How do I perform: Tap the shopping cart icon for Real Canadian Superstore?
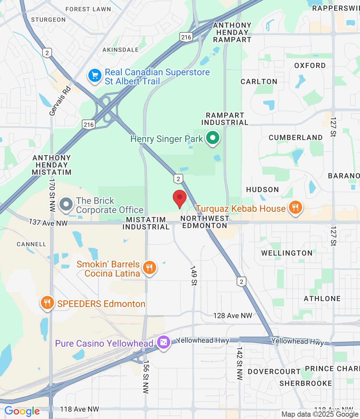click(x=95, y=76)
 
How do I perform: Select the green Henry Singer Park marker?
click(x=213, y=138)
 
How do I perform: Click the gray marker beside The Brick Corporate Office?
click(x=66, y=204)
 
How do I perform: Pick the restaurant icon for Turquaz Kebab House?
click(x=295, y=208)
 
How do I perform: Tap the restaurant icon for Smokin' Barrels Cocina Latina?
click(x=149, y=268)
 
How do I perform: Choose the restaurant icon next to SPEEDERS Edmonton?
click(x=47, y=303)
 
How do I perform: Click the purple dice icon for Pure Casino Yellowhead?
click(x=163, y=343)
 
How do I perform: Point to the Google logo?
click(x=22, y=411)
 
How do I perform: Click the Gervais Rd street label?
click(x=60, y=101)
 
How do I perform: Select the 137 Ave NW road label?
click(x=48, y=223)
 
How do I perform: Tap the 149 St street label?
click(x=194, y=276)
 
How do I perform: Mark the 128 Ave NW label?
click(x=233, y=316)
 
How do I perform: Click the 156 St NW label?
click(x=146, y=377)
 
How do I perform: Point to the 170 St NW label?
click(x=52, y=195)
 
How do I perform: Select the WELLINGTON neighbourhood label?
click(x=287, y=253)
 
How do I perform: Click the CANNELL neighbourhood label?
click(x=31, y=244)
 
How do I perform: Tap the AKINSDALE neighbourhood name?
click(x=120, y=50)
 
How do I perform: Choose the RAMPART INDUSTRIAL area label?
click(x=225, y=119)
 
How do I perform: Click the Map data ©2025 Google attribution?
click(x=320, y=414)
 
